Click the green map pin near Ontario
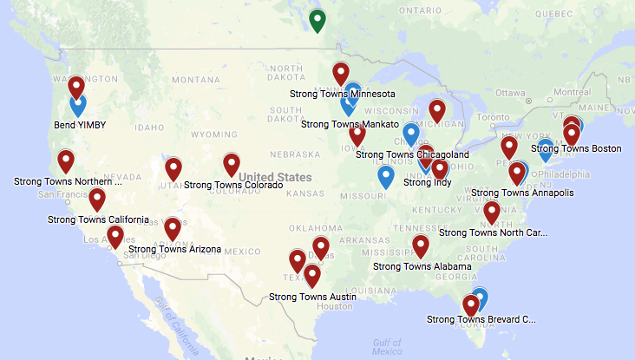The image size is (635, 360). click(x=317, y=19)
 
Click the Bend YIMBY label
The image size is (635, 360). click(x=80, y=125)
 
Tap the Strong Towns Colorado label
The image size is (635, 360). click(x=233, y=185)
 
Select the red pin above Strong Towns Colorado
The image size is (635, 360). click(x=231, y=162)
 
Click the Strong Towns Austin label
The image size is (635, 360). click(x=312, y=297)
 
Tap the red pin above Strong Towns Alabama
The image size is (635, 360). click(x=421, y=245)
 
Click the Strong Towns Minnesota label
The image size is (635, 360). click(x=344, y=94)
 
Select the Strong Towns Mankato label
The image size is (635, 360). click(x=350, y=124)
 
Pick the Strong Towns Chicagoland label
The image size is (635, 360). click(x=413, y=155)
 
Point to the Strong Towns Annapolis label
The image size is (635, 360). click(x=526, y=193)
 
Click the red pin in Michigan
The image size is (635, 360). click(x=437, y=109)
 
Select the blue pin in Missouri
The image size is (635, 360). click(x=386, y=176)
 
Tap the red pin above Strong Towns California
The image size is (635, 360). click(x=97, y=199)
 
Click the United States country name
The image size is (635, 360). click(x=275, y=177)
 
